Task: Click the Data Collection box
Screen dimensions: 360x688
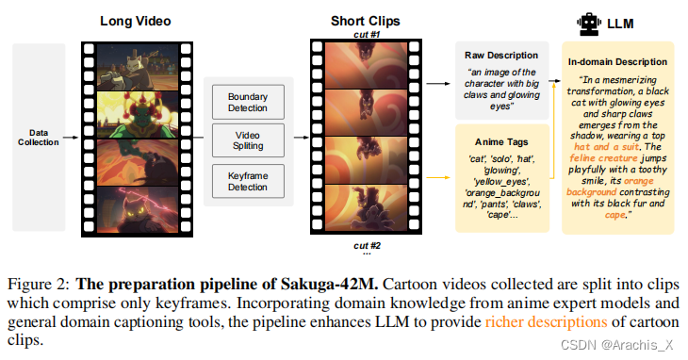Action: pos(38,137)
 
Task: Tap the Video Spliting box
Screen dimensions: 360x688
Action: pos(248,141)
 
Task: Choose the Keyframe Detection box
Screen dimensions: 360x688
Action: pos(248,180)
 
